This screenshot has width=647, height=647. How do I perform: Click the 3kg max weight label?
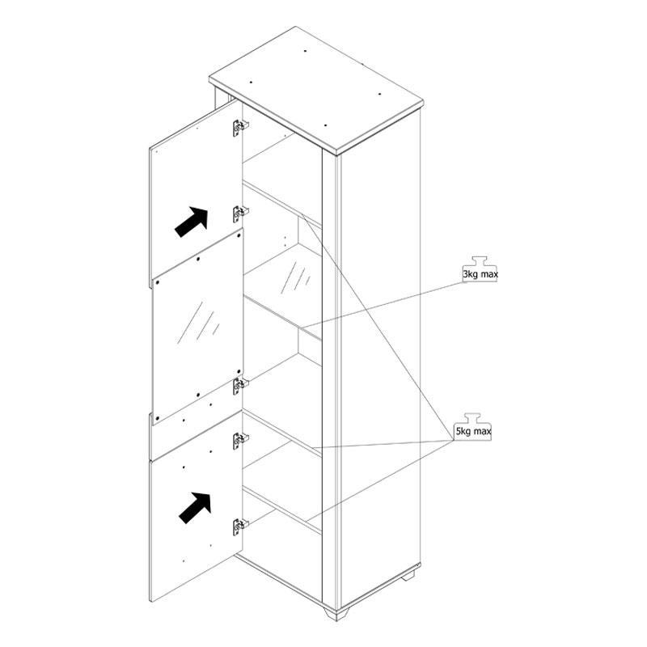[480, 274]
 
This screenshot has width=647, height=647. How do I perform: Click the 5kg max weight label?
[473, 432]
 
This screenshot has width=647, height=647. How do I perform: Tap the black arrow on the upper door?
[191, 222]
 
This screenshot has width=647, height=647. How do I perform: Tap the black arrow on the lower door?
[195, 508]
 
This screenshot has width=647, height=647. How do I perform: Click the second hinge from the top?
[239, 214]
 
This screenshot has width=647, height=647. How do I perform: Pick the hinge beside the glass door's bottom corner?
[239, 386]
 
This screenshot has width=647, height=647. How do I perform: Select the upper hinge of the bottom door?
[239, 441]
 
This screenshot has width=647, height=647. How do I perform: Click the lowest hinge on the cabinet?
[239, 527]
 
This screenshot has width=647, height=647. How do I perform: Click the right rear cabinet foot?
[409, 576]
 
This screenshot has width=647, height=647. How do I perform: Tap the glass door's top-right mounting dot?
[239, 236]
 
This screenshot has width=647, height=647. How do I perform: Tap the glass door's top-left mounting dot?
[157, 283]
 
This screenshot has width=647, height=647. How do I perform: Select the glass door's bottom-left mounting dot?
[157, 417]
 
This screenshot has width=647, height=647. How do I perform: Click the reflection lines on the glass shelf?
[295, 277]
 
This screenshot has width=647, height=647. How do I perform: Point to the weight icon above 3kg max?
[480, 262]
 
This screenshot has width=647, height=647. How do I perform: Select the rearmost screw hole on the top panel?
[305, 51]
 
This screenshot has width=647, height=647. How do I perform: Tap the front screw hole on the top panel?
[326, 125]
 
